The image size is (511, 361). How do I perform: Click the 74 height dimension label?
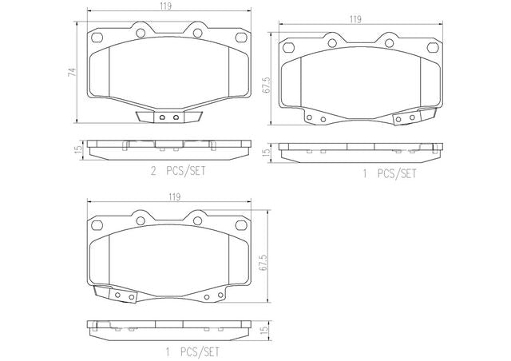(72, 73)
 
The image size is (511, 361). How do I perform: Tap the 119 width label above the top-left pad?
(165, 6)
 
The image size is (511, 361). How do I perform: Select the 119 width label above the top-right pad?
(355, 19)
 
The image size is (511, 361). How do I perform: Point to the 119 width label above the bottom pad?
(174, 197)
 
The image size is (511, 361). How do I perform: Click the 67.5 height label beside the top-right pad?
(266, 85)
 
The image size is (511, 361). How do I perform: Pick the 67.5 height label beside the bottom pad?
(263, 262)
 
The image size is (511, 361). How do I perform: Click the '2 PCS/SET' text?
(178, 171)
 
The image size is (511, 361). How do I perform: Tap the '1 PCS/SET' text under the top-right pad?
(390, 173)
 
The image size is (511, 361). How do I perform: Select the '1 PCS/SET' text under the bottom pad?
(192, 352)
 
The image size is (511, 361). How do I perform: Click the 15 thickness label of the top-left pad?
(78, 149)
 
